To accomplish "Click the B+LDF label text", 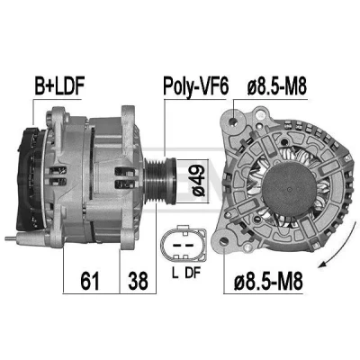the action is point(59,85).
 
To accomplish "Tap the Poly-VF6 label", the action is point(196,87).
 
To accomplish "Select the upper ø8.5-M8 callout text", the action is point(277,86).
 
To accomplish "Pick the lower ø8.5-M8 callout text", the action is point(268,281).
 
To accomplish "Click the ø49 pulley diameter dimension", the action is point(199,181).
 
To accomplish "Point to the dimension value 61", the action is point(90,281).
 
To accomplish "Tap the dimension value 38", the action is point(138,281).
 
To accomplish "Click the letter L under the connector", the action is point(175,273).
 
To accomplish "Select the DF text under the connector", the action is point(193,273).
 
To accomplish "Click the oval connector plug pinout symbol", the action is point(184,244).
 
